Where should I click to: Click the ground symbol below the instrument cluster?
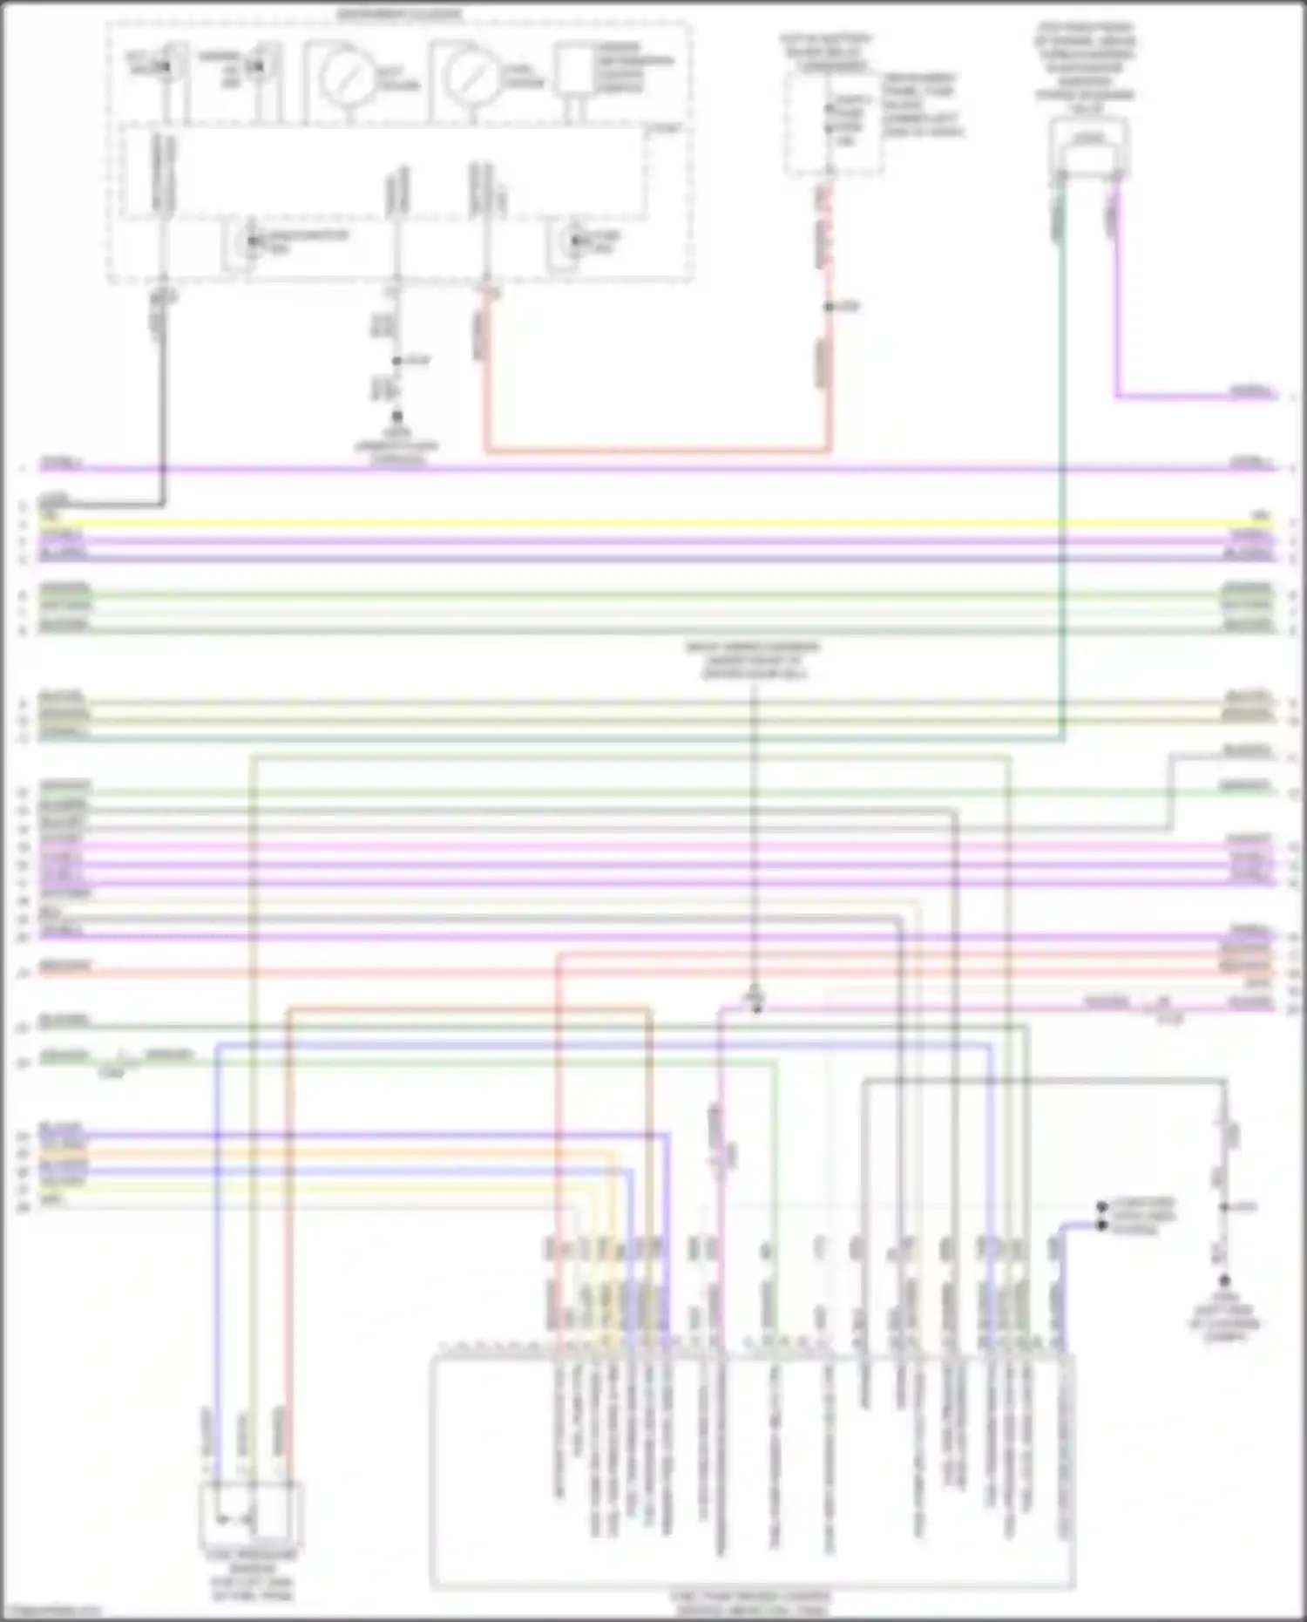tap(397, 418)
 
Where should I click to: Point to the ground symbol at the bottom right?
tap(1224, 1281)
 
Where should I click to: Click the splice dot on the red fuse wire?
tap(830, 307)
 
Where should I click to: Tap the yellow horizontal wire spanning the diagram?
tap(653, 524)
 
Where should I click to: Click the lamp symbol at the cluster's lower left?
tap(252, 240)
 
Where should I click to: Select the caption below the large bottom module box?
tap(750, 1602)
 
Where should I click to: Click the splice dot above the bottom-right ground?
tap(1224, 1207)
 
